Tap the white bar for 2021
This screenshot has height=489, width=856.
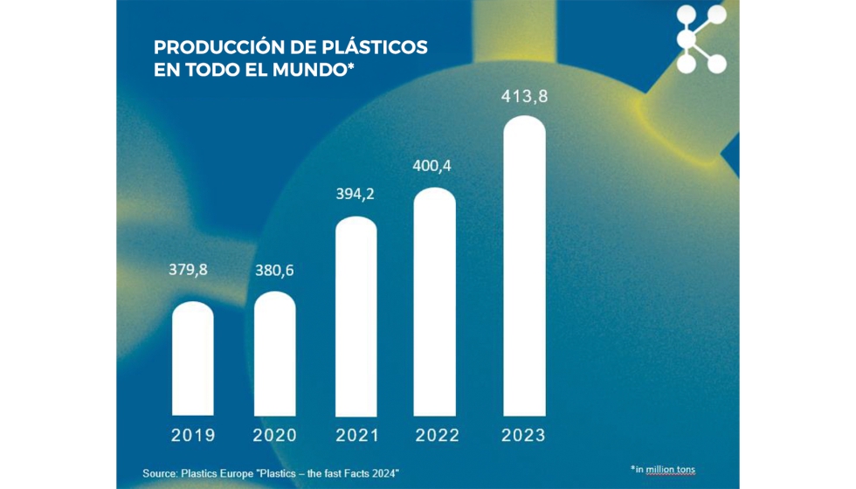356,315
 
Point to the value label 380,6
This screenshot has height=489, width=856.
273,271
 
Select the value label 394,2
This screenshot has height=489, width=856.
355,194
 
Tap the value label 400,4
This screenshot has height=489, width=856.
433,165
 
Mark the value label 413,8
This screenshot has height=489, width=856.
524,97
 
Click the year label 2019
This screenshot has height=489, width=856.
193,435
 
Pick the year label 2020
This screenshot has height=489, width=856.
274,435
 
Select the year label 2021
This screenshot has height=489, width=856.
356,435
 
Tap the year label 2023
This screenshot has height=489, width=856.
524,435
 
